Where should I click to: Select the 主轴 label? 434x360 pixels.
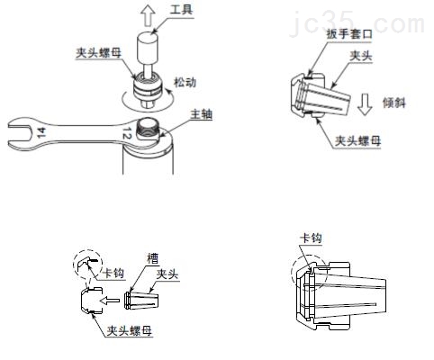click(201, 114)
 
